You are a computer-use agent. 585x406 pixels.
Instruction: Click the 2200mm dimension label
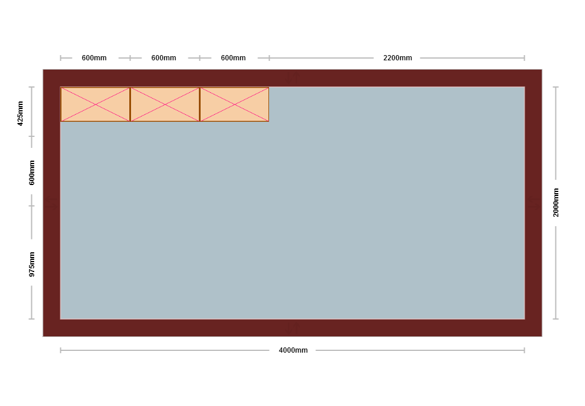[397, 58]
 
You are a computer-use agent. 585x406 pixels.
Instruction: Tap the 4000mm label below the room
[293, 350]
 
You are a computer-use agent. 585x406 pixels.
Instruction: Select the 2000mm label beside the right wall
[556, 202]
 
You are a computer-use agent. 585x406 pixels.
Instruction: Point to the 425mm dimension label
[20, 114]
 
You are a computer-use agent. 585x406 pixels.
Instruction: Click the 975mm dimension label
[32, 264]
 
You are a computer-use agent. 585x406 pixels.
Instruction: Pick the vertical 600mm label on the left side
[32, 172]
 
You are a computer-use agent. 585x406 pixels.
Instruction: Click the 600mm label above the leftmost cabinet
[94, 58]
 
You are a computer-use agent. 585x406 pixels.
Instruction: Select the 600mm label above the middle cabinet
[163, 58]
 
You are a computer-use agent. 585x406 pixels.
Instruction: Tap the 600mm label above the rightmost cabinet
[233, 58]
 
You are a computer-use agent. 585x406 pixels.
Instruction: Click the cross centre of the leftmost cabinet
[96, 104]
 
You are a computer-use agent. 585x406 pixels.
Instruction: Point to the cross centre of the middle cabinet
[165, 104]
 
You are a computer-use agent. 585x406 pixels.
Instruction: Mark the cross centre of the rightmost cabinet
[234, 104]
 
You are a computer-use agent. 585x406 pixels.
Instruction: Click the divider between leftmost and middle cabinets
[130, 104]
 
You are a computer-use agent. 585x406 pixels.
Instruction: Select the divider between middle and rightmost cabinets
[199, 104]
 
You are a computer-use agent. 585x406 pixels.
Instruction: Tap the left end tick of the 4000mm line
[60, 350]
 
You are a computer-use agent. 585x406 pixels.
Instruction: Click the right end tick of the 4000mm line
[525, 350]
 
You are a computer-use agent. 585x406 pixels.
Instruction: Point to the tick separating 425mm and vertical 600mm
[32, 136]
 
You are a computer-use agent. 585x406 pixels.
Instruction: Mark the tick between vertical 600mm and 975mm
[32, 206]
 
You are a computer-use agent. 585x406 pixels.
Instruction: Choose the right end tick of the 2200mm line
[525, 58]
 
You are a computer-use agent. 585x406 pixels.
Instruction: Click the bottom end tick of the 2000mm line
[556, 319]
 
